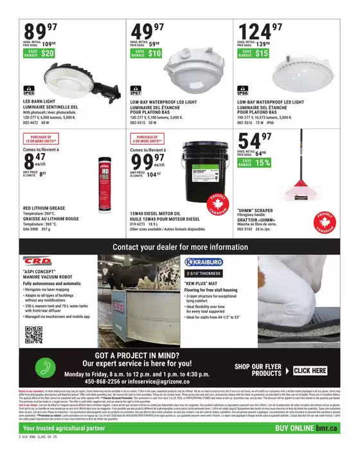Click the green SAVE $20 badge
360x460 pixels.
[x=39, y=53]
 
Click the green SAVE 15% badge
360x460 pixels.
[x=253, y=163]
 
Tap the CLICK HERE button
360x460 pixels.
[x=310, y=371]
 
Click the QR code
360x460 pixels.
[x=33, y=335]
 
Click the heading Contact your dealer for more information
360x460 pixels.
[x=180, y=247]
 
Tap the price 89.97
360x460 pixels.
[x=40, y=31]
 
